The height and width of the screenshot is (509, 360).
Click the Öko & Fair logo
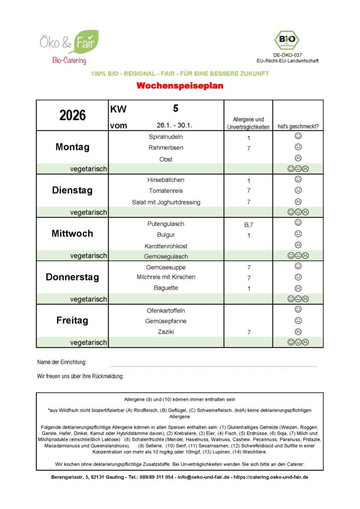click(x=69, y=46)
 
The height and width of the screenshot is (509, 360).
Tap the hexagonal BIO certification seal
click(x=287, y=39)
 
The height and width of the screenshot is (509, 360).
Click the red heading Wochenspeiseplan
click(x=180, y=85)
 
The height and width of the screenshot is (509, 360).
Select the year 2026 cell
click(x=73, y=115)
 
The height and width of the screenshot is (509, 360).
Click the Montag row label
click(x=73, y=147)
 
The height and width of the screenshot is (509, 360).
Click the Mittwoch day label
click(x=73, y=234)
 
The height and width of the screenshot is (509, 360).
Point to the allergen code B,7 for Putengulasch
click(x=248, y=225)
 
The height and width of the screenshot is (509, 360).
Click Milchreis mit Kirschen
click(x=166, y=277)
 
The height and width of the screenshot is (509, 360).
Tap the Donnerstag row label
click(x=73, y=277)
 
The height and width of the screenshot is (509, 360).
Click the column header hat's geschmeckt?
click(x=298, y=126)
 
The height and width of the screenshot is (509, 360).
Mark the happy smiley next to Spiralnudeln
click(x=298, y=136)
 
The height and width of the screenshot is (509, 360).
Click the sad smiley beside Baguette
click(x=298, y=288)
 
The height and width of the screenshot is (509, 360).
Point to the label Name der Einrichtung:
click(x=62, y=362)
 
